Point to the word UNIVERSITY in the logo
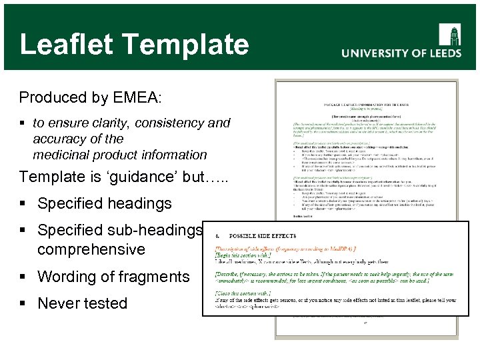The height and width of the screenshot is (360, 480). point(374,54)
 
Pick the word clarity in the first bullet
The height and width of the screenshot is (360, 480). point(113,123)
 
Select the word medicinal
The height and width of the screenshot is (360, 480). point(61,155)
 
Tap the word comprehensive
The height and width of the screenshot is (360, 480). point(91,249)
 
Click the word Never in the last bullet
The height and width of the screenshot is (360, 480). point(59,303)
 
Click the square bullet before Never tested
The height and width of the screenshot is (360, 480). point(24,304)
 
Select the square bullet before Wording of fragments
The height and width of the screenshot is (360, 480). point(24,277)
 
